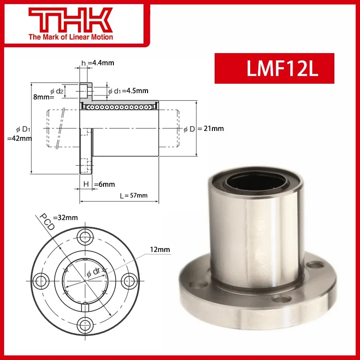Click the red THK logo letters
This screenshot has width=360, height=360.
click(x=71, y=19)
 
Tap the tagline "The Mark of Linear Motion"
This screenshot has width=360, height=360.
click(x=71, y=37)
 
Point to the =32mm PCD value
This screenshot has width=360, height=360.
click(x=66, y=217)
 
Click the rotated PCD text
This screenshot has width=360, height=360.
click(x=47, y=222)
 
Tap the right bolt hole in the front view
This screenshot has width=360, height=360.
click(x=127, y=280)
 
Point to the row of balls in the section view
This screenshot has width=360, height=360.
click(x=119, y=107)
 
